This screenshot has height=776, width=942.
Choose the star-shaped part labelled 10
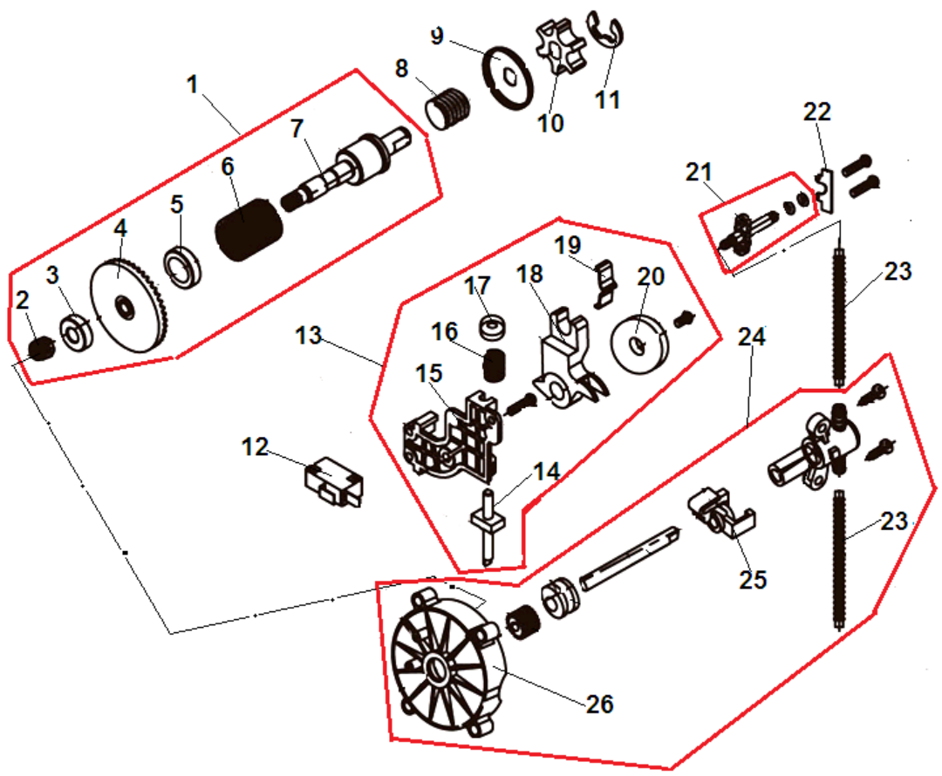(555, 50)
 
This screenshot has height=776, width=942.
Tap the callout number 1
(193, 85)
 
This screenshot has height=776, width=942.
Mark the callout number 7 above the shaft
(297, 127)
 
